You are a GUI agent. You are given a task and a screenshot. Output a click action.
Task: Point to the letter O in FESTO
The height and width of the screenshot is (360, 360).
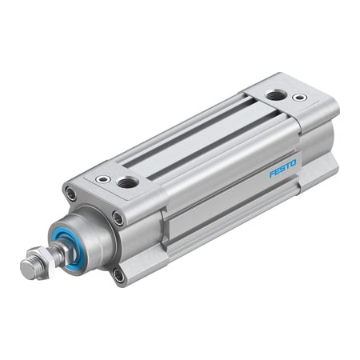click(294, 162)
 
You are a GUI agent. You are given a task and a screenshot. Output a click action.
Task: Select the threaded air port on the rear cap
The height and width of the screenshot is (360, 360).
click(275, 95)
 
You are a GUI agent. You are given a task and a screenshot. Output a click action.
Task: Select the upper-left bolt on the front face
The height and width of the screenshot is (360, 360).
click(72, 193)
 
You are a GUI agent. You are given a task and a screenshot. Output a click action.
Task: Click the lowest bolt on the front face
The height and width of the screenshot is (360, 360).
click(119, 276)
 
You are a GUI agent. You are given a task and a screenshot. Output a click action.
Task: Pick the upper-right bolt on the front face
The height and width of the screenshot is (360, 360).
click(118, 218)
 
